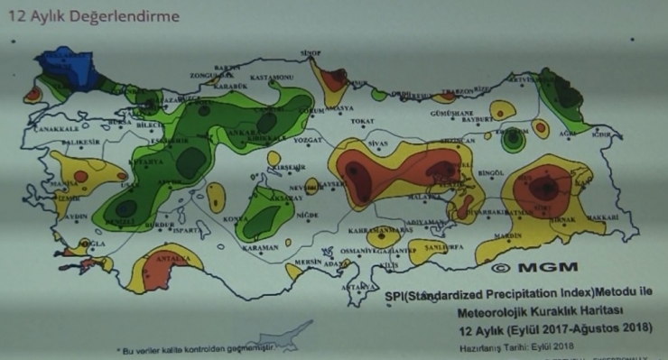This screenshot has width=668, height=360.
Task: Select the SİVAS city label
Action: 376,142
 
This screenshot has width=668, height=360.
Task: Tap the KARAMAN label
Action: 261,248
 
